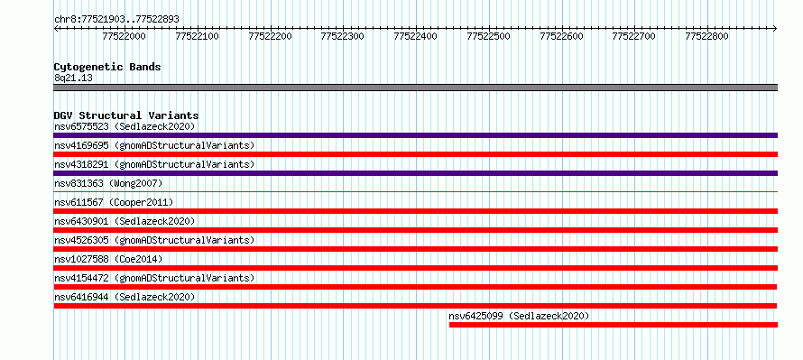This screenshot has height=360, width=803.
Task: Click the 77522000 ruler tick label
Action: pyautogui.click(x=124, y=36)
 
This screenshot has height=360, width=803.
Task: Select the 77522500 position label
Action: pyautogui.click(x=488, y=36)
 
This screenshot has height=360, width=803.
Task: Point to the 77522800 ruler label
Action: pyautogui.click(x=706, y=36)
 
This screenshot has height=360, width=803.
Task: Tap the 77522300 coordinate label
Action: pyautogui.click(x=343, y=36)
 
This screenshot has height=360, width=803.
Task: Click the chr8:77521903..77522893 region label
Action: pyautogui.click(x=116, y=20)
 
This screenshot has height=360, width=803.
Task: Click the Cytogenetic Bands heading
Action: pyautogui.click(x=107, y=67)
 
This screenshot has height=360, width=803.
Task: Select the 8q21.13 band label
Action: pyautogui.click(x=73, y=78)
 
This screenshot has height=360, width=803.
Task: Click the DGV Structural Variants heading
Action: pyautogui.click(x=126, y=115)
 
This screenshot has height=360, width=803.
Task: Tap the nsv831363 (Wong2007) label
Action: pyautogui.click(x=108, y=183)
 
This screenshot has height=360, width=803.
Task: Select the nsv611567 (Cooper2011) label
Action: pyautogui.click(x=114, y=202)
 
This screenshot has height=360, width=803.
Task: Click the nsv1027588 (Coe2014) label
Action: pyautogui.click(x=108, y=259)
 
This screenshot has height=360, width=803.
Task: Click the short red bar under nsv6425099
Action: pyautogui.click(x=614, y=325)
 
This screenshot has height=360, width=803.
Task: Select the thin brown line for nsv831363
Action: pyautogui.click(x=416, y=192)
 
